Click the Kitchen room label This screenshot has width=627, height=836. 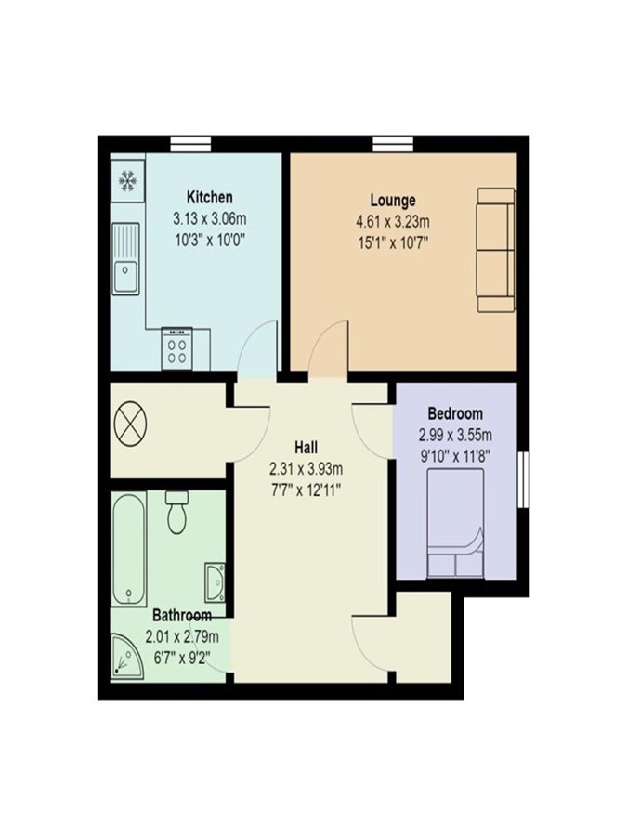coord(210,197)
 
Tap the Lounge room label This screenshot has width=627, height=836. coord(393,201)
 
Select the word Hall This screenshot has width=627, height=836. coord(306,447)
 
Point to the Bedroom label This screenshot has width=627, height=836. coord(455,413)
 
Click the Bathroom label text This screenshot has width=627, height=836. coord(182,615)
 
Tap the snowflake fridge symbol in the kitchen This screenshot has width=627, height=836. coord(127,181)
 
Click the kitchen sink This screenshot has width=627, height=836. coord(125,258)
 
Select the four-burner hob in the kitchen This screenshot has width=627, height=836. coord(177,348)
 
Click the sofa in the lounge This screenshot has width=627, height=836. coord(496,250)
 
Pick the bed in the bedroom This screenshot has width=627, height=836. coord(455,523)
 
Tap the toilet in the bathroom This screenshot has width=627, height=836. coord(177,512)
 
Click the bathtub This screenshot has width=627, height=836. coord(129,549)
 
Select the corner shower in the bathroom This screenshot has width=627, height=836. coord(127,656)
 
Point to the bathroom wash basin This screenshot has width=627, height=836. coord(216,581)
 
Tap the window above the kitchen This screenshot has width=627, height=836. coord(190,144)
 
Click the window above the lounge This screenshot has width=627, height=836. coord(393,144)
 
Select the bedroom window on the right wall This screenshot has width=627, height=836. coord(524,479)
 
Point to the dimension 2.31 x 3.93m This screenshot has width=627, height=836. coord(306,469)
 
